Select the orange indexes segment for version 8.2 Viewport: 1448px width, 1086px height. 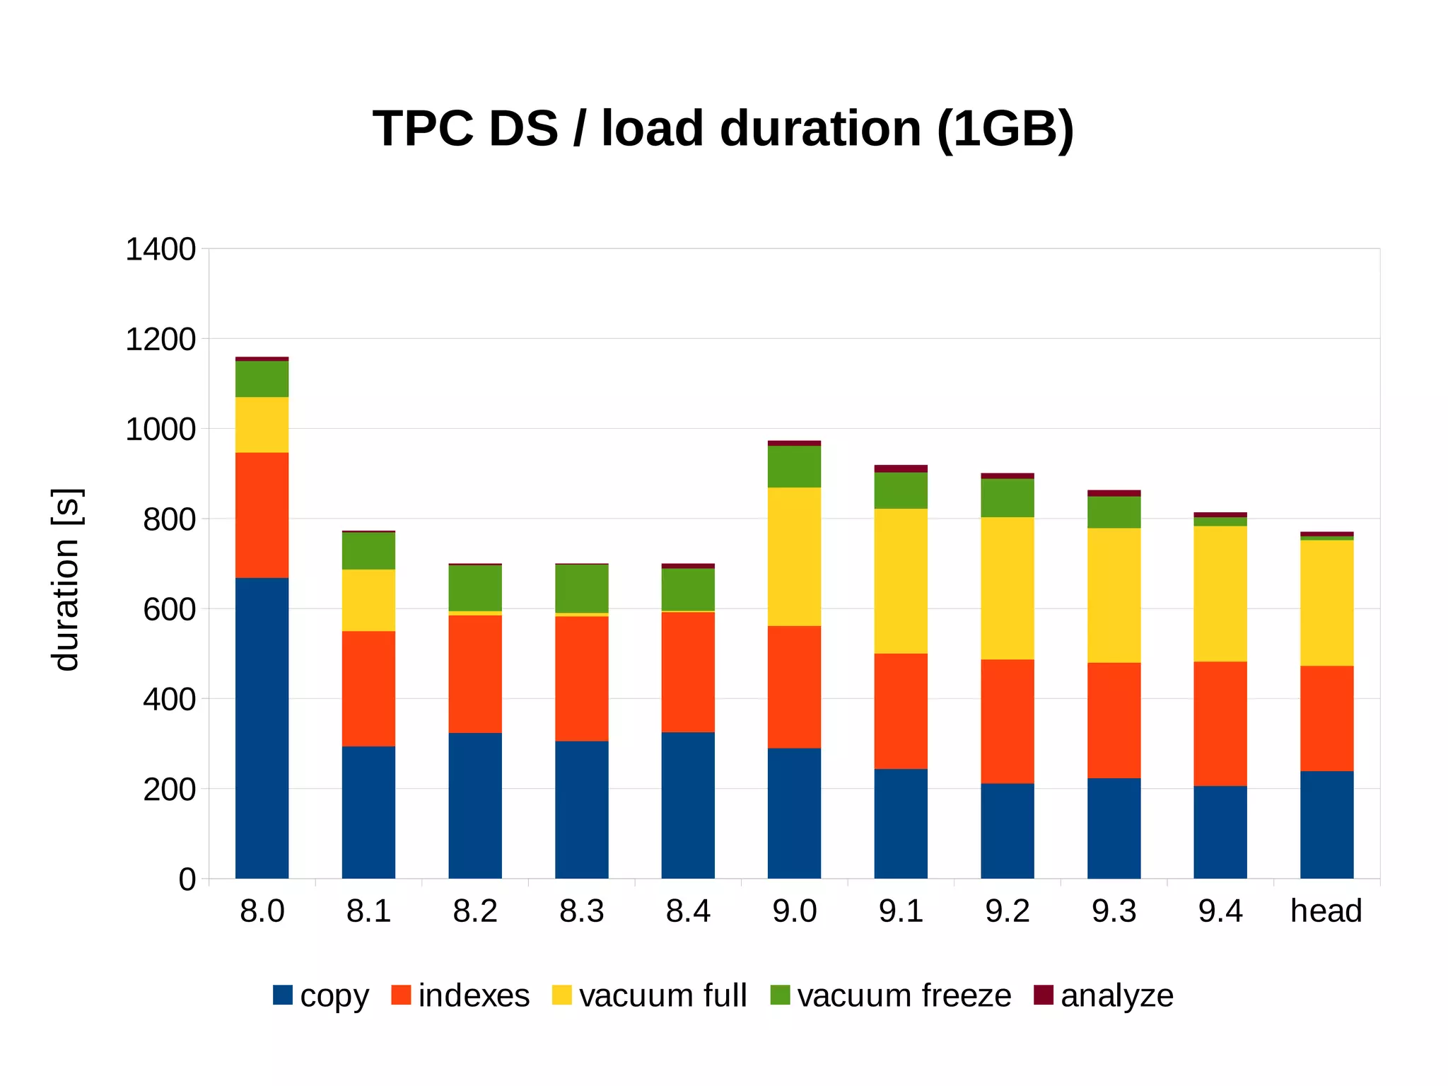tap(475, 674)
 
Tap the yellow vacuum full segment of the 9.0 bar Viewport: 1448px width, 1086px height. tap(794, 556)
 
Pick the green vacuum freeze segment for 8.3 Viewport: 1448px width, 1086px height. tap(581, 588)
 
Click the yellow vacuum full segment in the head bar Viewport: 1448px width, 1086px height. tap(1326, 603)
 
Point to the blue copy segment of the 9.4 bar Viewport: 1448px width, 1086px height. tap(1220, 832)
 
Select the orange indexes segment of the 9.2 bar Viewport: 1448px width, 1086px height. tap(1007, 721)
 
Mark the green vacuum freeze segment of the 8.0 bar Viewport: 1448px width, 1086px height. tap(262, 379)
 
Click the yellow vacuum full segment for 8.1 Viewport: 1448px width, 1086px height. tap(368, 600)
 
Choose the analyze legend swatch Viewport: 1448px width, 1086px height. tap(1044, 995)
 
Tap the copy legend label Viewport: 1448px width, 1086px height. tap(334, 995)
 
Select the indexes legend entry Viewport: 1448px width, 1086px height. tap(473, 995)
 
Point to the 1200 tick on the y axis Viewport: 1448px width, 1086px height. tap(160, 340)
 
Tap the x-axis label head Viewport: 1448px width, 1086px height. tap(1326, 911)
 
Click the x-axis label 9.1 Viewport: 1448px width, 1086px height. tap(901, 911)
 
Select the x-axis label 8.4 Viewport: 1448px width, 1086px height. tap(688, 911)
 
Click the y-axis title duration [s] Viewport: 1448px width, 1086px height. tap(66, 579)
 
